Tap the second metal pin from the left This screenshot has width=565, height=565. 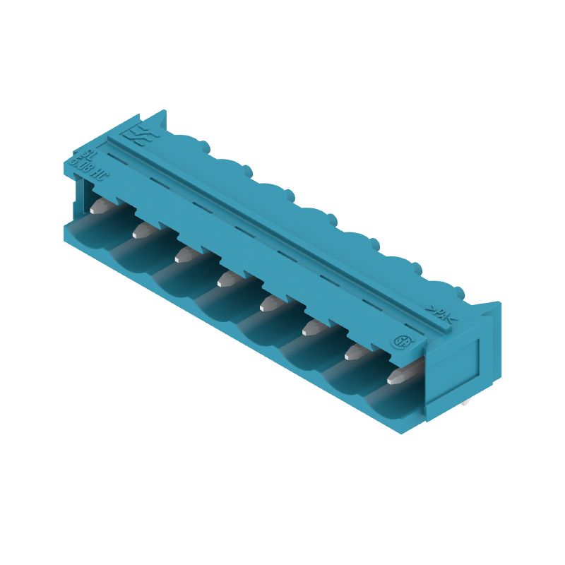point(144,229)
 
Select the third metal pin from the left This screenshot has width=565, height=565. point(186,253)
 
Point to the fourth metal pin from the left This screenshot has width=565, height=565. point(227,278)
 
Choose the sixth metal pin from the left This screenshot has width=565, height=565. point(312,326)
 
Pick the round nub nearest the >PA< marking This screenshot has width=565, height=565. point(460,291)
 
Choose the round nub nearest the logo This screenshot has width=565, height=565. point(205,145)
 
